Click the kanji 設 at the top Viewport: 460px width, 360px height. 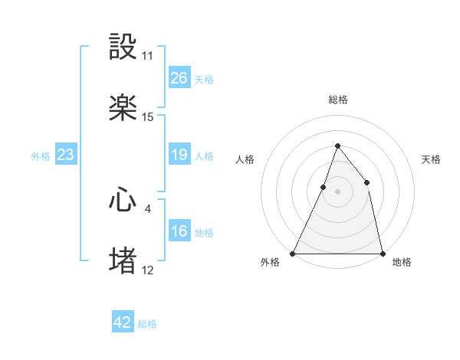[123, 47]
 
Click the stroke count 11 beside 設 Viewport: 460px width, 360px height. [148, 56]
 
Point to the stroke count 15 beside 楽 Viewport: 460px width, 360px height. [148, 117]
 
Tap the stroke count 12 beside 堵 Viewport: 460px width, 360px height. [148, 270]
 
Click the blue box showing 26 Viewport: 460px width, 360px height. [179, 78]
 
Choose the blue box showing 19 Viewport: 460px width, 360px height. [179, 155]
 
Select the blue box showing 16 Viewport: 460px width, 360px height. [179, 232]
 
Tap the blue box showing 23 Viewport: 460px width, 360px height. [65, 155]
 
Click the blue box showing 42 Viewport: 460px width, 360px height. [122, 323]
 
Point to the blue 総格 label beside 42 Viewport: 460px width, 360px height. [147, 324]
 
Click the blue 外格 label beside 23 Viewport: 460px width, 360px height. [41, 156]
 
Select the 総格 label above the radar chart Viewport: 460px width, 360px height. [337, 100]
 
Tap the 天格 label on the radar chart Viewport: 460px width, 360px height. [431, 159]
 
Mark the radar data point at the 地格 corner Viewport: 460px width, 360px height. [382, 253]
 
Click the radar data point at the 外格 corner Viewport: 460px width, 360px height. [293, 253]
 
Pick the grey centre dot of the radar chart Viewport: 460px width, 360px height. [337, 191]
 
